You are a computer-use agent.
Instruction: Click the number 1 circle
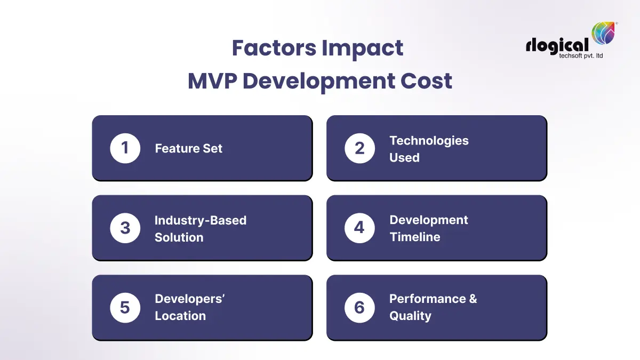125,148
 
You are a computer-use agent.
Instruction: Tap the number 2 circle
359,148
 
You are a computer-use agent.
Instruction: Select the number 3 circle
125,228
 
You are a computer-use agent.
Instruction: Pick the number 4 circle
359,228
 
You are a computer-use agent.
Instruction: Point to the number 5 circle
125,308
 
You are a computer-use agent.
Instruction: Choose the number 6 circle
359,308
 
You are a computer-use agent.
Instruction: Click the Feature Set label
188,149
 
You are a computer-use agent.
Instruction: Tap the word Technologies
429,141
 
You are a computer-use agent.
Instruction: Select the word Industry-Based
201,220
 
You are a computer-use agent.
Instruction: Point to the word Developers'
189,299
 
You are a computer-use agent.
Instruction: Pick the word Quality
410,316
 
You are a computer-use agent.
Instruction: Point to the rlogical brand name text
557,45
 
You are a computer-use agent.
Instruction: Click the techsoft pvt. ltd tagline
577,56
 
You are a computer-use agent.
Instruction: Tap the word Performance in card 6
427,299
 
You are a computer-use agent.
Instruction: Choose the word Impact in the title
362,49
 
